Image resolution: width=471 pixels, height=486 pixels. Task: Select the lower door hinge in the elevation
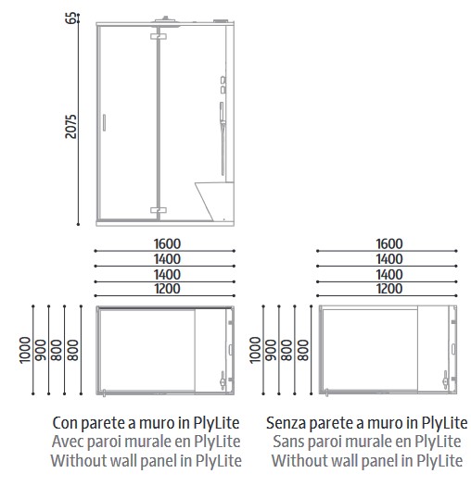tap(156, 210)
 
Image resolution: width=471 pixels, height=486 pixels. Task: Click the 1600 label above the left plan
tap(168, 244)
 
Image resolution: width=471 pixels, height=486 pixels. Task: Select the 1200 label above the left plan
tap(168, 289)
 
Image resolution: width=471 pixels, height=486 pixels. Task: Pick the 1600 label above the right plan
tap(389, 244)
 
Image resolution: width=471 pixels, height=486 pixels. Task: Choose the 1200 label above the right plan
tap(389, 289)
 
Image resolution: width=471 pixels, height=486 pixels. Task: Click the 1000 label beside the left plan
tap(25, 351)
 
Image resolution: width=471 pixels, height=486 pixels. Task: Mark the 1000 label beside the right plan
tap(256, 351)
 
